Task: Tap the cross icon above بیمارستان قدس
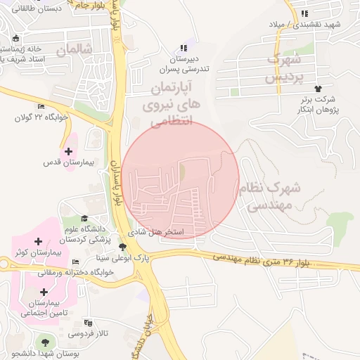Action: click(x=68, y=151)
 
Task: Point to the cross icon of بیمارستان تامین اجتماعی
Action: click(x=44, y=292)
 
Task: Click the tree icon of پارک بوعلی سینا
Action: click(x=123, y=247)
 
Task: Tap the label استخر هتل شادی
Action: click(x=155, y=231)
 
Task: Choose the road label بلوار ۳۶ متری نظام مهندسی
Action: click(x=271, y=260)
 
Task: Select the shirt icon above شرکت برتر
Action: click(x=319, y=89)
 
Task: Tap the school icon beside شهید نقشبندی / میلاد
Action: click(x=304, y=13)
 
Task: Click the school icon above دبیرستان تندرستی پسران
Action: click(x=184, y=48)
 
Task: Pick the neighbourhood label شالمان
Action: click(x=75, y=51)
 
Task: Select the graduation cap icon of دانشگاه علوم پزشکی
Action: click(x=85, y=219)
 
